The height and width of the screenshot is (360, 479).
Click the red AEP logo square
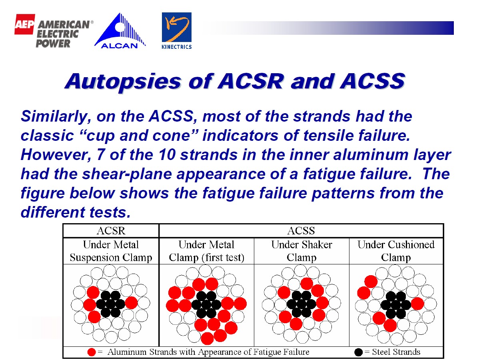(x=24, y=24)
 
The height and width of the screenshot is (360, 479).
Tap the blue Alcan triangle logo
(x=120, y=30)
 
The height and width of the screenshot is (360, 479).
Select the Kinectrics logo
(x=177, y=30)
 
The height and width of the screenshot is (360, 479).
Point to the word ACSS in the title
(x=373, y=81)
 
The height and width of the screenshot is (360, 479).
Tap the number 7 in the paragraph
(x=100, y=155)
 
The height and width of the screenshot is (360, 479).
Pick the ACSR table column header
(x=111, y=231)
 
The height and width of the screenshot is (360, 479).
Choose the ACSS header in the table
(x=301, y=231)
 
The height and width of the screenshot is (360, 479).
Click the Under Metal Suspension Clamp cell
(x=111, y=251)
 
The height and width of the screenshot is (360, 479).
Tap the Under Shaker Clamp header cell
(x=301, y=251)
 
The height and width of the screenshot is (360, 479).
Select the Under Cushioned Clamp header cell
(x=396, y=251)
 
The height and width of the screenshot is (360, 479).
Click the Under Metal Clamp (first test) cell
(x=206, y=251)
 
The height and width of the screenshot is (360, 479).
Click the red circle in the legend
(x=92, y=352)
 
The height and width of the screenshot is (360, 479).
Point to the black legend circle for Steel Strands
(x=359, y=352)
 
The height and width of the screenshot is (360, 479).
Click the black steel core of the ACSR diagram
(x=111, y=304)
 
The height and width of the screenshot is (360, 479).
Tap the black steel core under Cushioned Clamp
(x=395, y=305)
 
